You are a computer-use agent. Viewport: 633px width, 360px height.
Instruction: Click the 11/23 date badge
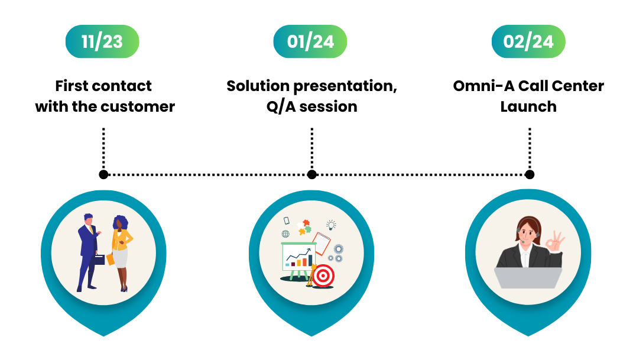click(102, 42)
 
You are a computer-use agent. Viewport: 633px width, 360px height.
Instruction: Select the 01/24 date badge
click(310, 42)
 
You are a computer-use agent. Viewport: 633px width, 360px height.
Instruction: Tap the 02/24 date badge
click(528, 42)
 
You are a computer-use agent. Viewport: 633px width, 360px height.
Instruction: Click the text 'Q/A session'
click(311, 107)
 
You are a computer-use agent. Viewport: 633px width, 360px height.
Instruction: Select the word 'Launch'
click(528, 107)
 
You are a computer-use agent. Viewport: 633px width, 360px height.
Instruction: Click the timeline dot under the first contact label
click(103, 174)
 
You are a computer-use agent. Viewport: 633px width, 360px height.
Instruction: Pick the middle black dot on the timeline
click(312, 174)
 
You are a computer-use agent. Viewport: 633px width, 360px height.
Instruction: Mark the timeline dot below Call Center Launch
click(530, 174)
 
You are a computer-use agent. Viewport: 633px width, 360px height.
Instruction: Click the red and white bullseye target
click(323, 275)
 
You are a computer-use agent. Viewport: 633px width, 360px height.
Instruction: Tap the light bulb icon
click(332, 225)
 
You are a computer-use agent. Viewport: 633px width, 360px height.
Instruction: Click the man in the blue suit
click(88, 248)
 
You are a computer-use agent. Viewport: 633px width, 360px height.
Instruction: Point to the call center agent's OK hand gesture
click(555, 241)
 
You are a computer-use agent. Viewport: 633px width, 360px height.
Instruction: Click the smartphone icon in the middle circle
click(287, 220)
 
